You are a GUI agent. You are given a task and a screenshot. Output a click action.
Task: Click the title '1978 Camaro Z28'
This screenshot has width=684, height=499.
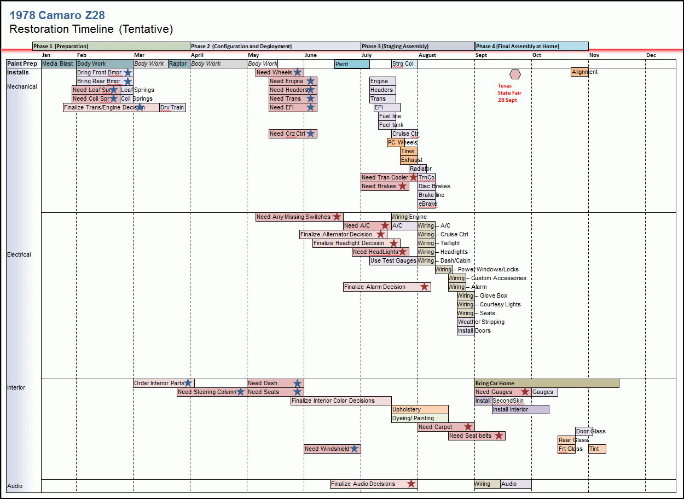pos(57,15)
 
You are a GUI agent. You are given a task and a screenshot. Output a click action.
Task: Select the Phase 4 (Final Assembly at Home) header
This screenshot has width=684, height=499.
pos(531,47)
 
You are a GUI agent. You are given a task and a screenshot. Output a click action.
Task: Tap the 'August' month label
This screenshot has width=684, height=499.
pos(427,55)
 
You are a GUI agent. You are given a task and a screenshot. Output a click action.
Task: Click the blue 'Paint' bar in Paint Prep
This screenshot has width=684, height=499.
pos(352,64)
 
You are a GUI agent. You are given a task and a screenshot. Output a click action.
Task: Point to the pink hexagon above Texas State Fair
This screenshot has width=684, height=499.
pos(515,74)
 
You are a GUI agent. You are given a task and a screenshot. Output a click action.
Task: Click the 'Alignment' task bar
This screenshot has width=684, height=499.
pos(580,72)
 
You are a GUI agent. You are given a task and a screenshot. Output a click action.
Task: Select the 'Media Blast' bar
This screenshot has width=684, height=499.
pos(58,64)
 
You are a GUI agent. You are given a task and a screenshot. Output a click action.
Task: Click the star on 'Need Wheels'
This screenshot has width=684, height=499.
pos(297,72)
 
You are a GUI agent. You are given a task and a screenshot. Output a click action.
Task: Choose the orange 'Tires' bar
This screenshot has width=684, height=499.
pos(408,151)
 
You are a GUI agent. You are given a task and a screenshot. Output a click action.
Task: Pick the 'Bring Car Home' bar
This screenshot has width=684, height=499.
pos(547,384)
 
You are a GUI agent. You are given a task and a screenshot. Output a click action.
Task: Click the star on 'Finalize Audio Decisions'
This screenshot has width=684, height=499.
pos(411,484)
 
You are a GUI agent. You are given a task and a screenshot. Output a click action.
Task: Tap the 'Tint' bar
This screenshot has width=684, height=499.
pos(596,449)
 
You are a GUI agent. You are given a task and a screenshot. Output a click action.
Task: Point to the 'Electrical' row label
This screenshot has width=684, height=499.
pos(19,254)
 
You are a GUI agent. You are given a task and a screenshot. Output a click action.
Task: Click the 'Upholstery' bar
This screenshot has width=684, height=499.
pos(420,409)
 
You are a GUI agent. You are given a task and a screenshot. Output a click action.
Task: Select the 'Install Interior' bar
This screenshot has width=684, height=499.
pos(520,409)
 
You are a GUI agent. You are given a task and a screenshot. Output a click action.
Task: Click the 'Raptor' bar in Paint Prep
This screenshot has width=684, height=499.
pos(178,64)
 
